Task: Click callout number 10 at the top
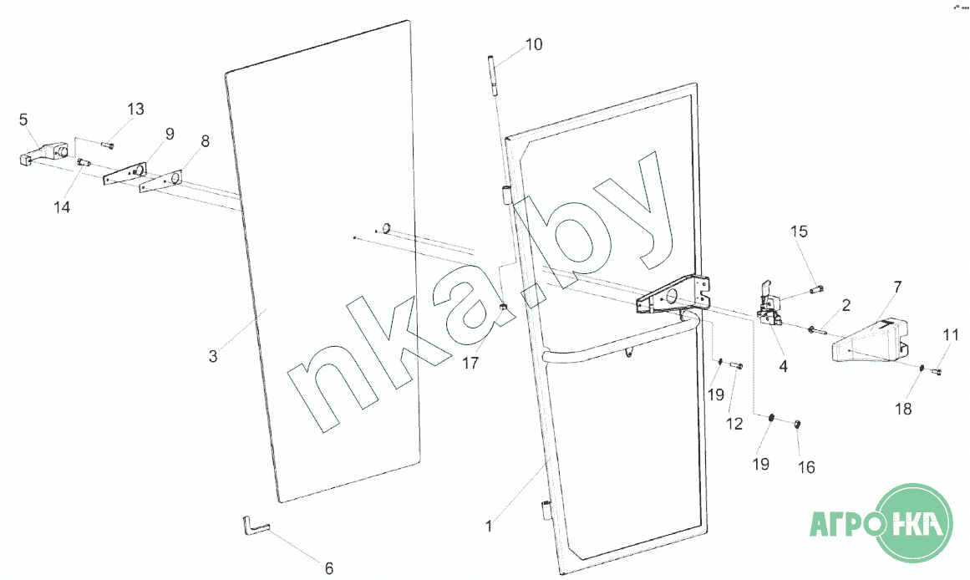[533, 44]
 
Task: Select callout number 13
[135, 109]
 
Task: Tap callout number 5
[23, 120]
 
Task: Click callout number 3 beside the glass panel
[213, 357]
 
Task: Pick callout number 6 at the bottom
[329, 568]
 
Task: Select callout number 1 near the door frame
[489, 527]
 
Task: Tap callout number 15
[800, 231]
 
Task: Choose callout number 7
[897, 287]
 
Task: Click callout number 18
[903, 409]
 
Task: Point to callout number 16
[806, 467]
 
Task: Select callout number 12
[734, 425]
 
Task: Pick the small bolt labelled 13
[107, 145]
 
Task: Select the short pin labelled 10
[492, 74]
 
